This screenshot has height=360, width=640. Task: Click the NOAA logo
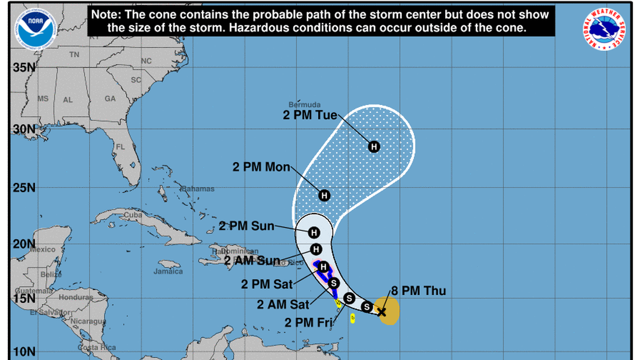click(x=38, y=28)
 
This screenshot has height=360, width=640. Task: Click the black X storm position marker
click(x=382, y=312)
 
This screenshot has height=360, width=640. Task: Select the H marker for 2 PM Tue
click(x=374, y=147)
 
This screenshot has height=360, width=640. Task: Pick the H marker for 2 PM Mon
click(x=324, y=195)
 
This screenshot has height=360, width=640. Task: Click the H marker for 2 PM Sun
click(x=314, y=232)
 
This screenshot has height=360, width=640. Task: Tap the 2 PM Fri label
click(x=308, y=322)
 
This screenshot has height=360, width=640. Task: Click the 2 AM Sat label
click(x=284, y=304)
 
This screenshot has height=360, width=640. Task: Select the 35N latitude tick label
click(x=24, y=67)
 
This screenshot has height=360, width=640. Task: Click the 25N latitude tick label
click(x=24, y=187)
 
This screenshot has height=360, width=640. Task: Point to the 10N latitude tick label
click(x=24, y=352)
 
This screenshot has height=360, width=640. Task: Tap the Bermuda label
click(x=304, y=104)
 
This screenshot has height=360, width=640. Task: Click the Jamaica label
click(x=168, y=271)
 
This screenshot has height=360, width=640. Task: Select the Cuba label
click(x=133, y=215)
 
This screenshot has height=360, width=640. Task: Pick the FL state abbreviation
click(x=120, y=147)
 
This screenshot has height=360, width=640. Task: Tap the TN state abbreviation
click(x=74, y=54)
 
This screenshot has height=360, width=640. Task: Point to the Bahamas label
click(x=197, y=189)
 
